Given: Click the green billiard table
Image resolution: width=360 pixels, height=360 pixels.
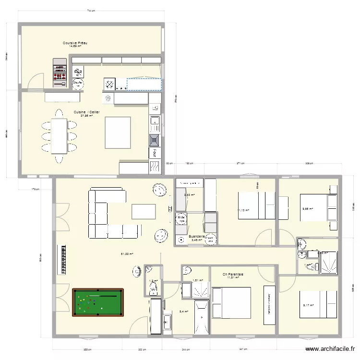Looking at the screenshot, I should coord(98,302).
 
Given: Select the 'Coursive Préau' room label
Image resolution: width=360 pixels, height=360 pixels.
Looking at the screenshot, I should coord(75,43).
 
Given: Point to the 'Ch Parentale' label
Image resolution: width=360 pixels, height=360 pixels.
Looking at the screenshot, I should coord(233,275).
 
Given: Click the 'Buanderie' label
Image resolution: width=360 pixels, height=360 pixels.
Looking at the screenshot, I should coord(197,237).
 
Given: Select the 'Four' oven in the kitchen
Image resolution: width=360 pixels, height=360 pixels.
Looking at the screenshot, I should coord(155,153).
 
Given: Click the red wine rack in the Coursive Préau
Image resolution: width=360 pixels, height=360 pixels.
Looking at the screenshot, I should coord(60,72).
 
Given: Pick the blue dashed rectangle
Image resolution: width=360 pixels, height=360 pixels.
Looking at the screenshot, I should coord(144,84).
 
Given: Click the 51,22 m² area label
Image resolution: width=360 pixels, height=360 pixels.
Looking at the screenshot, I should coord(127,254).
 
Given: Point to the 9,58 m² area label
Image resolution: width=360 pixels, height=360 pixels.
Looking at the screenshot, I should coord(307,209).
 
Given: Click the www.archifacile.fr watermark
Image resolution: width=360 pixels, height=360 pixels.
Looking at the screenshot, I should coord(329,349).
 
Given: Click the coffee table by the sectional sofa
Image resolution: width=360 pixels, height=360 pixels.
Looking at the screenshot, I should coord(144,212).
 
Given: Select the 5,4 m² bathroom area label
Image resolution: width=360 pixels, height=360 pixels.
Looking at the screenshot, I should coord(183,312).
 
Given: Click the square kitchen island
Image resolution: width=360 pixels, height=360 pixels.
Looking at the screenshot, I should coord(118,132).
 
